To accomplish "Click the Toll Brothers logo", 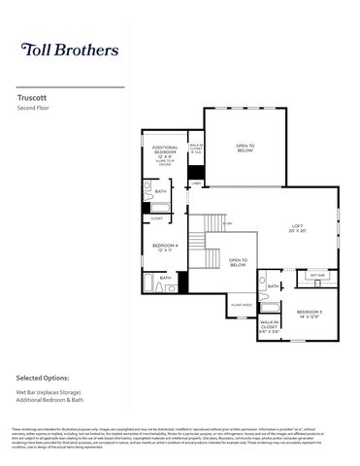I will coord(70,49).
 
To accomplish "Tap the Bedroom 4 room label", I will coord(165,248).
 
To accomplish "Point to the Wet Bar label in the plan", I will coord(316,276).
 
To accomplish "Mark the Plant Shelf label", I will coord(242,304).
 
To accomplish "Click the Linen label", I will coord(196,183).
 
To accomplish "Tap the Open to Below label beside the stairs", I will coord(238,262).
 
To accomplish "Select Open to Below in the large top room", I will coord(245,149).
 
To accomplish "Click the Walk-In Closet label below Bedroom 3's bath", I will coord(270,326).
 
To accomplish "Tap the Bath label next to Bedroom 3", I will coord(274,286).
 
